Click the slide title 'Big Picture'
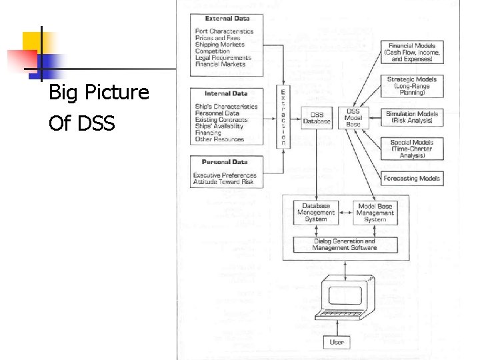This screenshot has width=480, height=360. point(99,93)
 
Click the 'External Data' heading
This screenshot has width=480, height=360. point(227,19)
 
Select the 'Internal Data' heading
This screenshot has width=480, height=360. point(226,94)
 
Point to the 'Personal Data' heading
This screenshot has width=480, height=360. point(225,162)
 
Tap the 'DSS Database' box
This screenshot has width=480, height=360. point(316,118)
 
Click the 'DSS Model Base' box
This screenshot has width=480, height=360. point(353,118)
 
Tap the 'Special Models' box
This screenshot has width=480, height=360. point(412,149)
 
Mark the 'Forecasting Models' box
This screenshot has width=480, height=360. point(412,178)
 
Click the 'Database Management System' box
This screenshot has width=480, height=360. point(316,213)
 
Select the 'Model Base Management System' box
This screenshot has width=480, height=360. point(375,213)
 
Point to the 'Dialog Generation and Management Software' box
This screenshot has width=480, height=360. point(345,244)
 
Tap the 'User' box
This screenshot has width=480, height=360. point(337,342)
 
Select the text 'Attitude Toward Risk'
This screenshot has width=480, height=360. point(223,182)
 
